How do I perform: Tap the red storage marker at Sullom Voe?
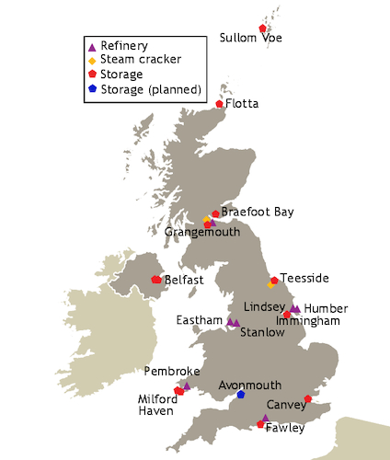pyautogui.click(x=262, y=29)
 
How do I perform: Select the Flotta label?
pyautogui.click(x=243, y=103)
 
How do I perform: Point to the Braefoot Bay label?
pyautogui.click(x=258, y=212)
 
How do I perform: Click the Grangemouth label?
pyautogui.click(x=202, y=233)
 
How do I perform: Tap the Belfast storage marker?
pyautogui.click(x=156, y=279)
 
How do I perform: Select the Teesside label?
pyautogui.click(x=304, y=278)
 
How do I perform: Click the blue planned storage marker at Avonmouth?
pyautogui.click(x=241, y=395)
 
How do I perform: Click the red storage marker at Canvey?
pyautogui.click(x=307, y=399)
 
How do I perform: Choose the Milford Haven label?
pyautogui.click(x=157, y=405)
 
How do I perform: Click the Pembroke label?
pyautogui.click(x=167, y=371)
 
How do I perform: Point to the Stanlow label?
pyautogui.click(x=261, y=332)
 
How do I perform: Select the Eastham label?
pyautogui.click(x=201, y=320)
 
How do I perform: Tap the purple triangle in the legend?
pyautogui.click(x=92, y=46)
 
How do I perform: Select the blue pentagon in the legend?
pyautogui.click(x=92, y=88)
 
